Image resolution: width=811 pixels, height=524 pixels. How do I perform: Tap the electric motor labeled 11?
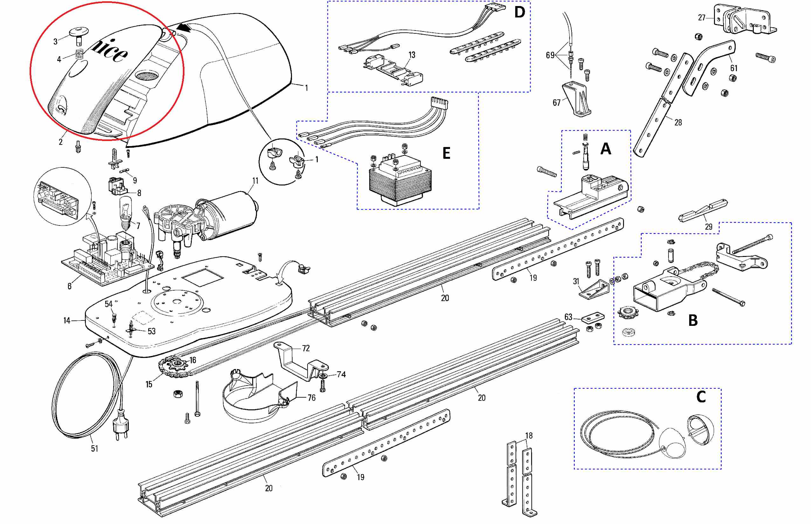click(232, 214)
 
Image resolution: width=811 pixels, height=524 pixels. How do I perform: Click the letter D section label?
click(519, 13)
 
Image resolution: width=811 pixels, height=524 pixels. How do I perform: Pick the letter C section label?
click(701, 397)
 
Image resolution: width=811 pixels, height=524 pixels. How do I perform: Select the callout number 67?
click(557, 103)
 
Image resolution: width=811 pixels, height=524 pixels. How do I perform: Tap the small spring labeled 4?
click(80, 54)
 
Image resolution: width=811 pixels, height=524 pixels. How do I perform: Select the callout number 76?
click(311, 398)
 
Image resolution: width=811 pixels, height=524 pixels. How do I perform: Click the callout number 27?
click(702, 18)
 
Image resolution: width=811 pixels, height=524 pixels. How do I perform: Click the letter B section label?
click(693, 320)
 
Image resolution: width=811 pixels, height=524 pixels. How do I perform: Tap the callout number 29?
click(709, 227)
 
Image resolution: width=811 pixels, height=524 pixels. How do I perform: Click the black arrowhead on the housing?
click(184, 27)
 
